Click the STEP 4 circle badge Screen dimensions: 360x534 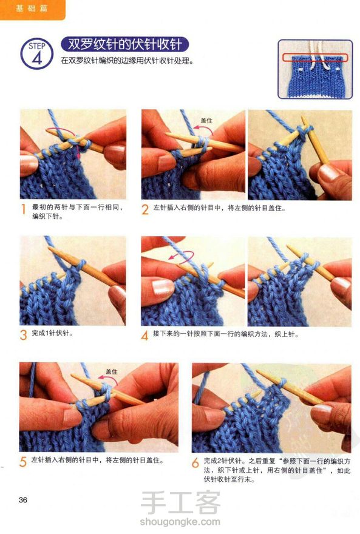pos(37,54)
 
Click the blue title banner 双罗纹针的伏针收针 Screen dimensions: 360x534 pos(124,44)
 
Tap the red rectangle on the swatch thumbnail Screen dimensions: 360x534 pos(315,57)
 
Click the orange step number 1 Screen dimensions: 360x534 pos(23,209)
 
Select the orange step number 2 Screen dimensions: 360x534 pos(144,209)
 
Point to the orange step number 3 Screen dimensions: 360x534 pos(23,335)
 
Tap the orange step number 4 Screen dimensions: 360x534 pos(144,336)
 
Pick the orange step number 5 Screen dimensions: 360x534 pos(23,462)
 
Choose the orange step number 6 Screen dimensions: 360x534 pos(195,462)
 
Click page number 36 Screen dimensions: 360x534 pos(23,500)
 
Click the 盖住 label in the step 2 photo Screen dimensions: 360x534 pos(206,120)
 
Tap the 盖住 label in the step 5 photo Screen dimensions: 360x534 pos(111,371)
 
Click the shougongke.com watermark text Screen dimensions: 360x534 pos(180,521)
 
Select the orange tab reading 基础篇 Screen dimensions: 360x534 pos(32,9)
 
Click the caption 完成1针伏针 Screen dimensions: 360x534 pos(52,333)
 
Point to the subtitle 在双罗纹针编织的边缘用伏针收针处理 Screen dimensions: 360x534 pos(127,61)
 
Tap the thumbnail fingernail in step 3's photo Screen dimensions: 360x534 pos(118,293)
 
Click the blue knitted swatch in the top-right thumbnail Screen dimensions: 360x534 pos(315,76)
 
